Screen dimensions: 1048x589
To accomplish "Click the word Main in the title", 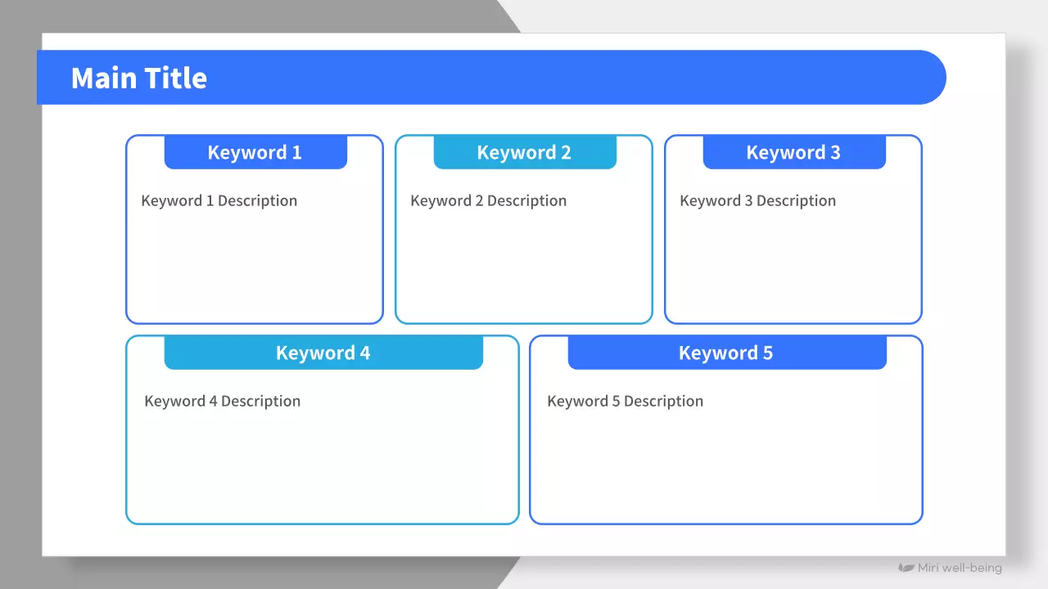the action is pyautogui.click(x=104, y=78).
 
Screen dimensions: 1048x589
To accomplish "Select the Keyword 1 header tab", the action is pyautogui.click(x=255, y=152).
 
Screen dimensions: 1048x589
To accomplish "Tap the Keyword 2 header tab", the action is pyautogui.click(x=525, y=152).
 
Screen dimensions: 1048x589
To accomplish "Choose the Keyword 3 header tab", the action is pyautogui.click(x=794, y=152).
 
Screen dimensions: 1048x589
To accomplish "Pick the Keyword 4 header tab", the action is pyautogui.click(x=323, y=353).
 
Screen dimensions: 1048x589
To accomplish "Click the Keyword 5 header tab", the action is pyautogui.click(x=727, y=353).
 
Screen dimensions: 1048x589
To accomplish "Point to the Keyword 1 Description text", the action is pyautogui.click(x=219, y=201).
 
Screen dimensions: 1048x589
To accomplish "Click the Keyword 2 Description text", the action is pyautogui.click(x=489, y=201).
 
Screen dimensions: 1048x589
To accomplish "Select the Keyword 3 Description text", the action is pyautogui.click(x=757, y=201).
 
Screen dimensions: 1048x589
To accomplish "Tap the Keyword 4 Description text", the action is pyautogui.click(x=222, y=402).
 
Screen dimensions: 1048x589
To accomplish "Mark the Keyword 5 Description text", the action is pyautogui.click(x=625, y=402).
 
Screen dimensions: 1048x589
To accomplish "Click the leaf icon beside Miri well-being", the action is pyautogui.click(x=906, y=568).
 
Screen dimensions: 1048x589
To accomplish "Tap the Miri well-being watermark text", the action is pyautogui.click(x=960, y=568).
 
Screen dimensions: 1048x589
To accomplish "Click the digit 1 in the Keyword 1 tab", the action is pyautogui.click(x=296, y=152).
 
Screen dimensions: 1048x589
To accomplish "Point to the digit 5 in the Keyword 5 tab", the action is pyautogui.click(x=768, y=353).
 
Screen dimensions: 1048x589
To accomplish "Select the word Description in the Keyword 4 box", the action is pyautogui.click(x=260, y=402).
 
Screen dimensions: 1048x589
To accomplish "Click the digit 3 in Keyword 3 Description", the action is pyautogui.click(x=748, y=201).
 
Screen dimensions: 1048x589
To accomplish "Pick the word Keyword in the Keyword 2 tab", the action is pyautogui.click(x=517, y=152).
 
